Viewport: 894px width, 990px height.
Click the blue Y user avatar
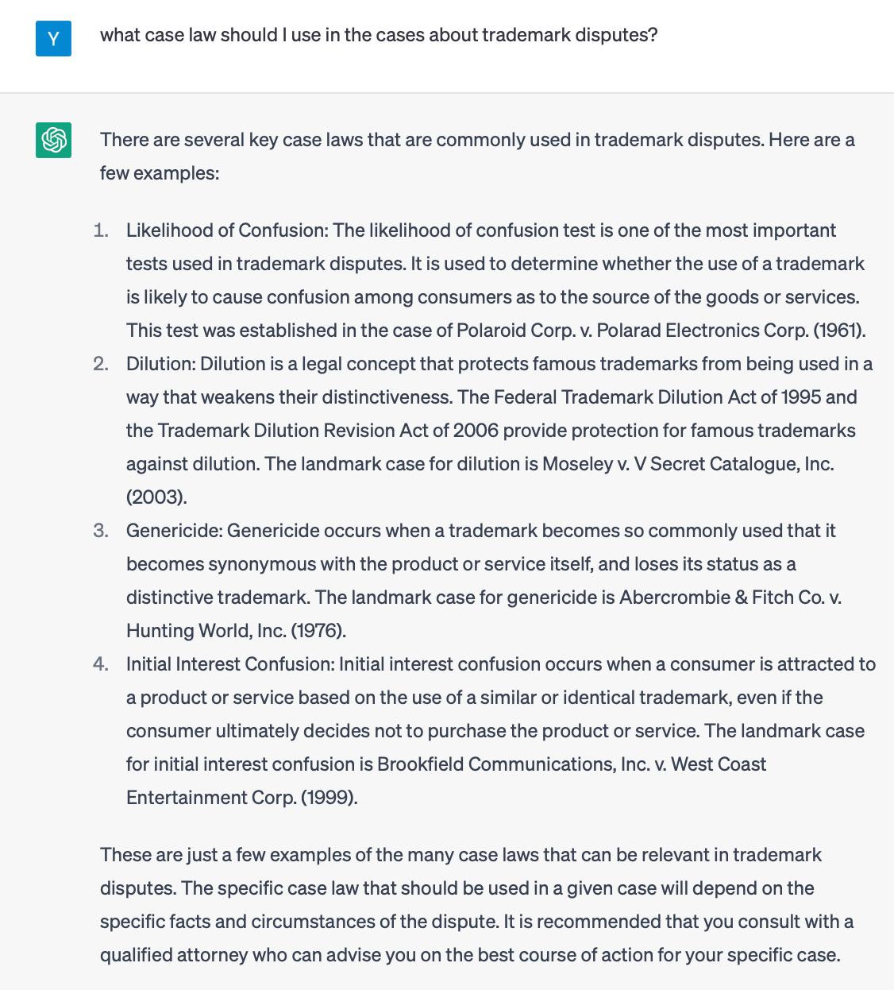pos(53,38)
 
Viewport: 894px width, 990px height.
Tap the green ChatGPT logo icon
pos(53,140)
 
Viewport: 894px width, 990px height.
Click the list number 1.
pos(101,230)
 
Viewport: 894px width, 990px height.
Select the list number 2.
pos(101,364)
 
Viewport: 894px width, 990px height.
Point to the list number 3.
pos(101,531)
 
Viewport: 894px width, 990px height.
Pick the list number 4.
pos(101,664)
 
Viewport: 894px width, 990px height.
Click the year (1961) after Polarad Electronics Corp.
pos(839,331)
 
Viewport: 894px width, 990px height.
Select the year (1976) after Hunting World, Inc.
pos(318,631)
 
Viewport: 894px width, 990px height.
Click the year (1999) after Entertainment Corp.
pos(329,798)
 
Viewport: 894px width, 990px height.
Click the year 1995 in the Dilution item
pos(801,397)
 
